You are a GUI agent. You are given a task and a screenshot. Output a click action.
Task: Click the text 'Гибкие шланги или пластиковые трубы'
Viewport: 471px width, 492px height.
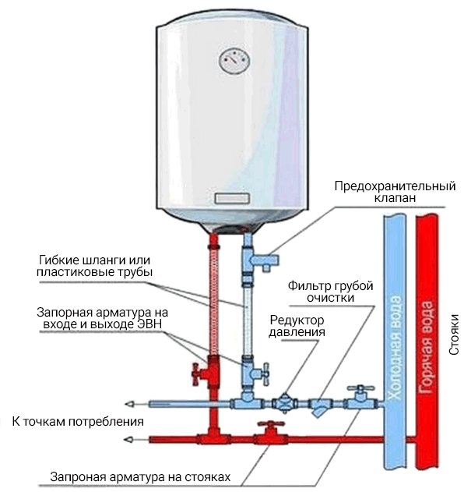click(94, 266)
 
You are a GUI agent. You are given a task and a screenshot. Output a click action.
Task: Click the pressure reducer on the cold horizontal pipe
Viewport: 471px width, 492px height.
click(286, 402)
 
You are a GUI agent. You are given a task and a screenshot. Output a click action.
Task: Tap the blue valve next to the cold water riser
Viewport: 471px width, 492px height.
click(360, 398)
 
